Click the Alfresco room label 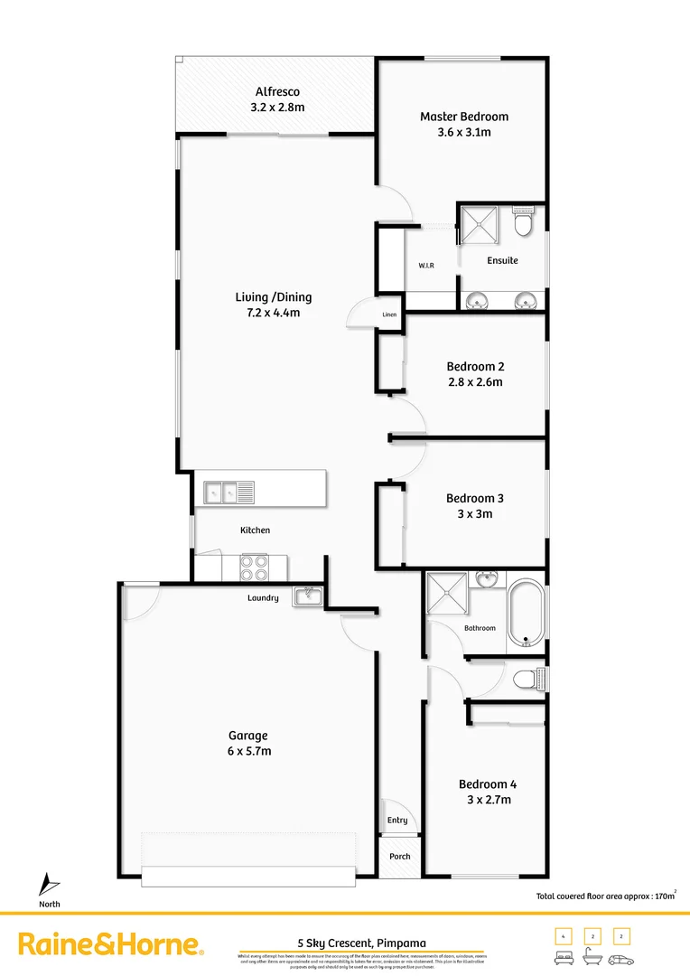[277, 92]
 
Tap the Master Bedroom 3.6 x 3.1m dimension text [463, 132]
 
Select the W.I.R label [427, 266]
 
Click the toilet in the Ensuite [523, 222]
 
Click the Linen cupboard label [389, 314]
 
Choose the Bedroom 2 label [475, 366]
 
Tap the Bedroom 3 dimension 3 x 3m [475, 513]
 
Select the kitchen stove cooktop [254, 567]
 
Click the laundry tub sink [307, 595]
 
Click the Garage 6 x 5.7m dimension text [248, 751]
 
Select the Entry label [397, 821]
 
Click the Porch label [399, 856]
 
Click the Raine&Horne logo [111, 945]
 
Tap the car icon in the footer [620, 959]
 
